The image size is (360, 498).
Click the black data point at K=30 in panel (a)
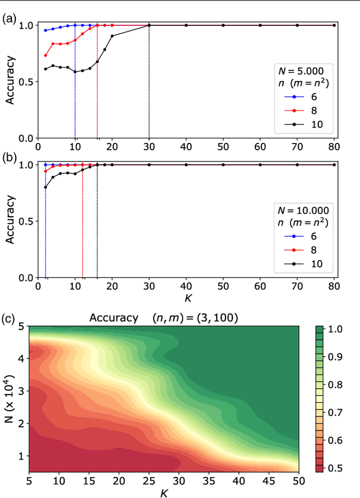pos(149,25)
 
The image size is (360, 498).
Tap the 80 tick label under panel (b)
pos(334,286)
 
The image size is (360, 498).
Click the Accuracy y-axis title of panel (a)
pos(10,82)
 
